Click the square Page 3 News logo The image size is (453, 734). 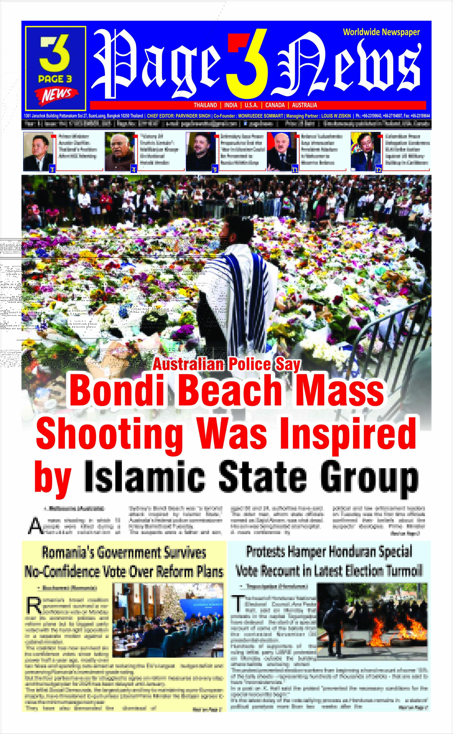tap(55, 68)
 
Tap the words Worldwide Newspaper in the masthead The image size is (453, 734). tap(381, 32)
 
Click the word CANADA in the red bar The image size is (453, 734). tap(275, 105)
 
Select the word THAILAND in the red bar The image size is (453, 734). tap(205, 105)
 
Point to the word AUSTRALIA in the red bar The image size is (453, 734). tap(304, 105)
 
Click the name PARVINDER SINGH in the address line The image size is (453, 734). tap(193, 116)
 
